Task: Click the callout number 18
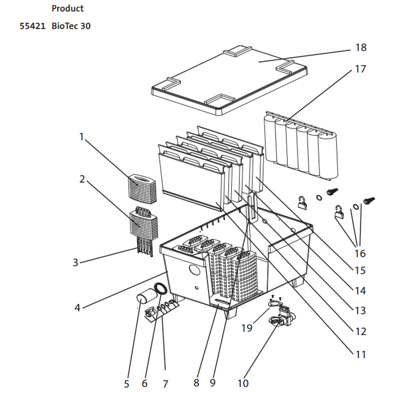click(x=361, y=47)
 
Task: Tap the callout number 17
click(x=360, y=69)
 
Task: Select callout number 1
click(x=81, y=137)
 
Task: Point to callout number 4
click(x=77, y=307)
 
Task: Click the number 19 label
click(x=247, y=328)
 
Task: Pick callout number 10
click(x=243, y=383)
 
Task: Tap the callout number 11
click(x=361, y=355)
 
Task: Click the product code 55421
click(x=33, y=26)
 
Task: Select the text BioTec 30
click(x=71, y=26)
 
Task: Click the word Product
click(x=67, y=8)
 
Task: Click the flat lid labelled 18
click(x=229, y=80)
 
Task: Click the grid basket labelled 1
click(x=142, y=188)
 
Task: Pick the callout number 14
click(x=360, y=291)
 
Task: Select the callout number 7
click(x=165, y=384)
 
